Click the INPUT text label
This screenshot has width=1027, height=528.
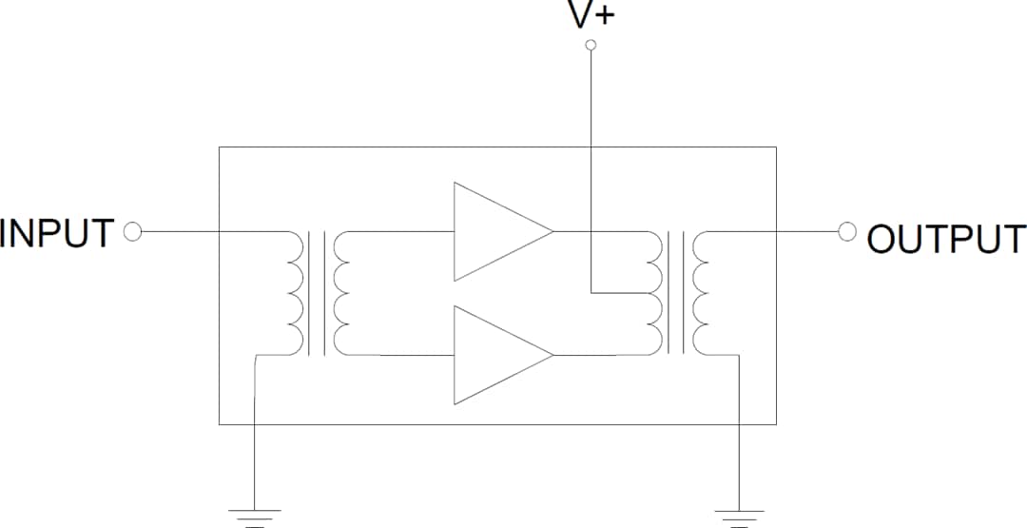tap(57, 233)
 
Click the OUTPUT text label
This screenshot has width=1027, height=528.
tap(946, 239)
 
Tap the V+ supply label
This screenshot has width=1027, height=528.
tap(591, 16)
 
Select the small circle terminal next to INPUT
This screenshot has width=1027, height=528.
tap(133, 231)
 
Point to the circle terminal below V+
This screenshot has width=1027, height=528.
tap(591, 45)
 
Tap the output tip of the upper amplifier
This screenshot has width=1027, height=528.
tap(552, 231)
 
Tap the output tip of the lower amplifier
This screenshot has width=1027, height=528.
tap(552, 355)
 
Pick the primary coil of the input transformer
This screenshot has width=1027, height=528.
tap(294, 293)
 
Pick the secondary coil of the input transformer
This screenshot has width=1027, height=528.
tap(340, 293)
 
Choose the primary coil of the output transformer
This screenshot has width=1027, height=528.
tap(652, 293)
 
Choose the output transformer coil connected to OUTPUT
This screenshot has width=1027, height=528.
tap(702, 293)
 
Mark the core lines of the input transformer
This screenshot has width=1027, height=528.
tap(318, 293)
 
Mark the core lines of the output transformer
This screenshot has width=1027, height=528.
tap(677, 293)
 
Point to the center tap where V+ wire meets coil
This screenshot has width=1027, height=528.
tap(647, 293)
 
